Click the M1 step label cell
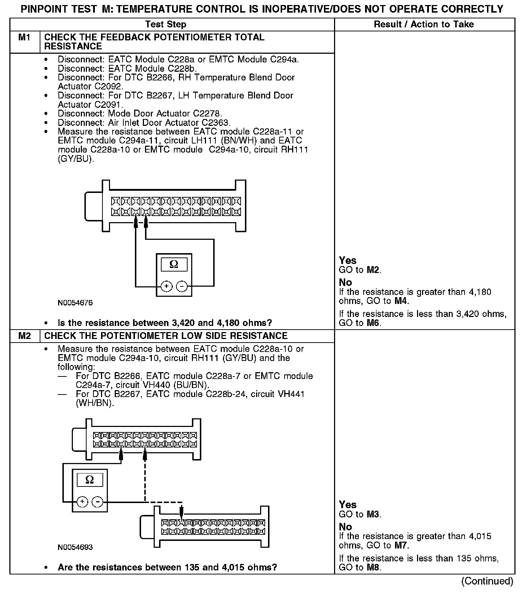(24, 38)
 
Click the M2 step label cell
(24, 336)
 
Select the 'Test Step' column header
(166, 25)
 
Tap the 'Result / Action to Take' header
(424, 25)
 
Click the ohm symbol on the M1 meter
(174, 265)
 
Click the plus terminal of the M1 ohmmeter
(166, 286)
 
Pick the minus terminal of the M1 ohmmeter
(182, 286)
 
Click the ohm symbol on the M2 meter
(90, 480)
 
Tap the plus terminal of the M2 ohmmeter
(82, 502)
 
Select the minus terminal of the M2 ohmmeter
(97, 502)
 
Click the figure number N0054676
(75, 303)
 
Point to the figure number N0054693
(75, 547)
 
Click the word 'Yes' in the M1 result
(348, 261)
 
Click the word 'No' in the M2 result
(345, 527)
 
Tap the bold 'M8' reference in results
(374, 568)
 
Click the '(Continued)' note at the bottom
(487, 581)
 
